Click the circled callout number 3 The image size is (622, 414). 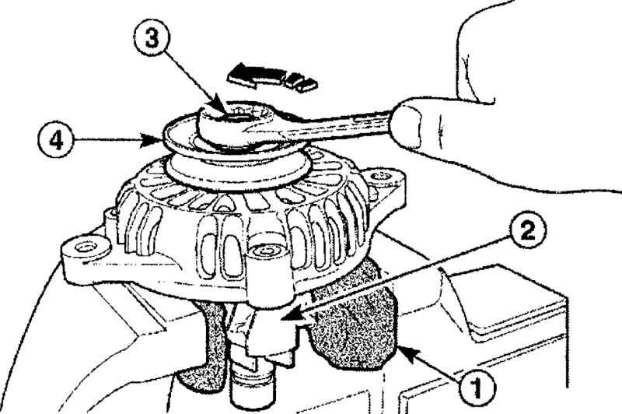[x=152, y=39]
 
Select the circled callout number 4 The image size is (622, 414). [x=56, y=140]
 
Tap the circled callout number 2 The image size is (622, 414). [x=527, y=230]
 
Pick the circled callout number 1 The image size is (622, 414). [x=477, y=386]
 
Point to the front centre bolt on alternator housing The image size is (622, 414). [x=264, y=251]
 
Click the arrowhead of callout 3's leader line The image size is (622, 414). [x=220, y=104]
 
